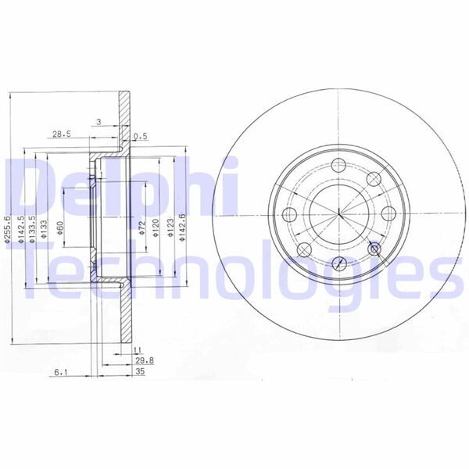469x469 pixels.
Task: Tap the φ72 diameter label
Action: click(142, 228)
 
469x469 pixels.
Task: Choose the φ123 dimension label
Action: click(169, 228)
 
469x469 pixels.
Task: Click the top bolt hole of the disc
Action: click(338, 166)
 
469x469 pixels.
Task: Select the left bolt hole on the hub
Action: click(289, 215)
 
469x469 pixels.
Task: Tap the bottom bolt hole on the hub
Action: click(338, 263)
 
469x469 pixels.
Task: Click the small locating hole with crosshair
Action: click(374, 249)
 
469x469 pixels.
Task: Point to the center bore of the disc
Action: click(338, 215)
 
